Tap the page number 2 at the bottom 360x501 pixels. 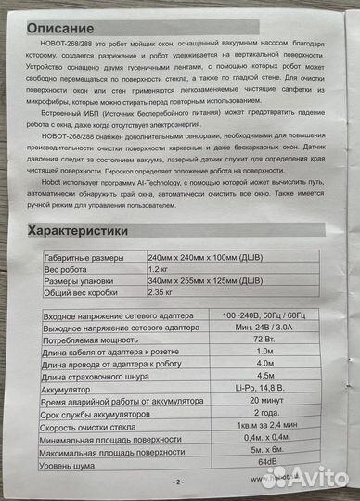pyautogui.click(x=178, y=482)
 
